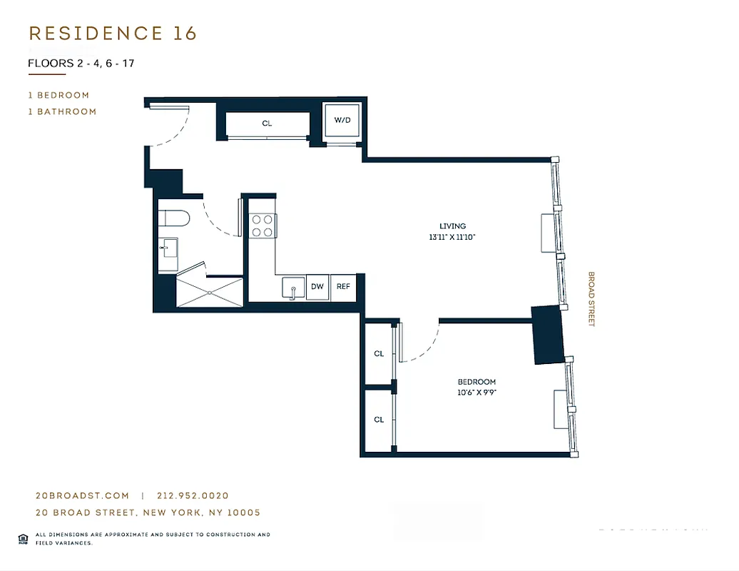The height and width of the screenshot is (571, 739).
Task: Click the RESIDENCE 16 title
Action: [x=112, y=34]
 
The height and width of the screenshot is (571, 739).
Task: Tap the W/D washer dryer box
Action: [x=342, y=121]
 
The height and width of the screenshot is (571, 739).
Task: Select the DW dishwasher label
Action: [x=317, y=287]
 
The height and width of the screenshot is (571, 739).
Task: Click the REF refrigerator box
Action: [x=343, y=287]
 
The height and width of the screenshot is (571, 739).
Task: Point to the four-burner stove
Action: [x=262, y=226]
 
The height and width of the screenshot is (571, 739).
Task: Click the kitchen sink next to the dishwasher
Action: [x=292, y=288]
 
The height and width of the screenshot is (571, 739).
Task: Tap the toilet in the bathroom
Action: [x=173, y=218]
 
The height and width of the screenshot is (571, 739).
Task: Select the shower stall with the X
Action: [x=210, y=293]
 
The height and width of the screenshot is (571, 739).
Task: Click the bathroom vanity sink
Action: [x=168, y=248]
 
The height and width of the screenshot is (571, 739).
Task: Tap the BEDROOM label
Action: [x=476, y=382]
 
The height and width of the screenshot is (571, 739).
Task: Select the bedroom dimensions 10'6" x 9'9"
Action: [x=476, y=393]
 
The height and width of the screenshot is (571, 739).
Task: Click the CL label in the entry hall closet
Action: [x=267, y=123]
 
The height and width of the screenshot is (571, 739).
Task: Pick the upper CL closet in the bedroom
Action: [x=379, y=354]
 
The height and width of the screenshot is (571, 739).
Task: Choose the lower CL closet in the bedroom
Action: [x=379, y=420]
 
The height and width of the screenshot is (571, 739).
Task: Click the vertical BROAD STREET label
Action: [x=591, y=299]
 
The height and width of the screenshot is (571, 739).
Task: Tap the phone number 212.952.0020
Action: [x=193, y=495]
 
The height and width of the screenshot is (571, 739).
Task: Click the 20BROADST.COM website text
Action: [x=82, y=495]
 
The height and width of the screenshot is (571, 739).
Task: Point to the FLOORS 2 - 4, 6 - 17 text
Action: [x=81, y=63]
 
